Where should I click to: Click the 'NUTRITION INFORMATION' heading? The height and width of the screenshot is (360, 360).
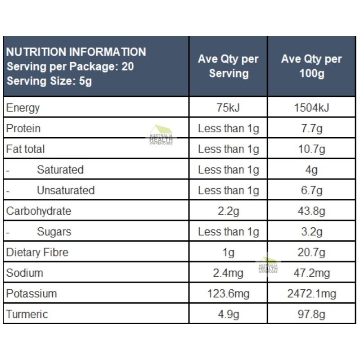pos(76,52)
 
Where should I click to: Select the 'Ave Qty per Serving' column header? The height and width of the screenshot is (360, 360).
pos(228,66)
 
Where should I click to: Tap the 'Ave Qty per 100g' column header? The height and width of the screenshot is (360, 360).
pos(311,66)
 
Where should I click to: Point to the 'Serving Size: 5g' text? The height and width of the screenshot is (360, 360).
pos(49,81)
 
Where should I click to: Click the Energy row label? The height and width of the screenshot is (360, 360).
pos(23,108)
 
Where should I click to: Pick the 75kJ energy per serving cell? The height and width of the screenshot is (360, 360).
pos(228,108)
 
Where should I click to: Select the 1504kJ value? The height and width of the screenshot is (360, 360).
pos(311,108)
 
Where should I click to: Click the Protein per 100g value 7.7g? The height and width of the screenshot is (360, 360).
pos(311,129)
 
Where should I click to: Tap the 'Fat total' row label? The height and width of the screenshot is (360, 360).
pos(26,149)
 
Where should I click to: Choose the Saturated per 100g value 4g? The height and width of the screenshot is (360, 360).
pos(311,170)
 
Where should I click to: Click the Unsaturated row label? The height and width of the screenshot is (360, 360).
pos(66,190)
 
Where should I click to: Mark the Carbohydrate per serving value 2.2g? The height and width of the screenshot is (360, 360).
pos(228,211)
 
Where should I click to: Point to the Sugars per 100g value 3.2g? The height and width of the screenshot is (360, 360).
pos(311,232)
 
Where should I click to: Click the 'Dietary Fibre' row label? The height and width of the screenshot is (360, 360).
pos(37,252)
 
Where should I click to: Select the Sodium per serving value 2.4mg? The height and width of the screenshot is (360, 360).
pos(228,273)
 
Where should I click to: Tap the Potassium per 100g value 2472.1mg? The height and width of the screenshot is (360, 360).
pos(311,294)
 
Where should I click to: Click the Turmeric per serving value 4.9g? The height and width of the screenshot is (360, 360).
pos(228,314)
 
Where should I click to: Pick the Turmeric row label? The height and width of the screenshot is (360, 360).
pos(27,314)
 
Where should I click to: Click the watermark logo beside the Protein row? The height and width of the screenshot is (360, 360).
pos(161,135)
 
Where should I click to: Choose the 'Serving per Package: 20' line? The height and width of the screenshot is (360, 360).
pos(70,67)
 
